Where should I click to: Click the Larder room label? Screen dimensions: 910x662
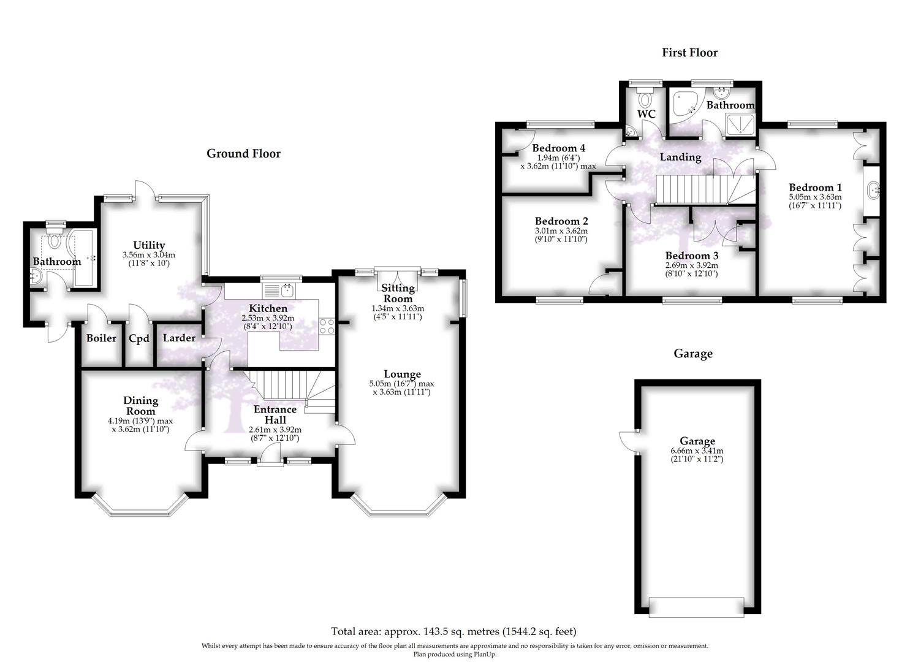point(179,338)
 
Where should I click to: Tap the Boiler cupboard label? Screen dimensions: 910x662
point(101,338)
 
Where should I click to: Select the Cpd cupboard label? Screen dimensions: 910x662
point(139,338)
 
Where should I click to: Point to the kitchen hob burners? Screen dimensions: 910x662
point(327,326)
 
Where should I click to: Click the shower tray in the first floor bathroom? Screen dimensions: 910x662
point(740,124)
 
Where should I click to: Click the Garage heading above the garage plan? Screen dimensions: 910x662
point(693,354)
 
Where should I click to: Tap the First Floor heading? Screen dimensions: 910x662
point(689,53)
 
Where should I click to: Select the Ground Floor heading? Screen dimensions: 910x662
point(243,153)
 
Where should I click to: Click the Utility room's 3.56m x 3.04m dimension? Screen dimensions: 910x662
point(149,255)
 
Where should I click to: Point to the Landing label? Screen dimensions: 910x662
point(680,158)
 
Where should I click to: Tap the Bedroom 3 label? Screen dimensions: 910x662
point(691,256)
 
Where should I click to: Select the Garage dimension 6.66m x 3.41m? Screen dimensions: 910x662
point(697,451)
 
